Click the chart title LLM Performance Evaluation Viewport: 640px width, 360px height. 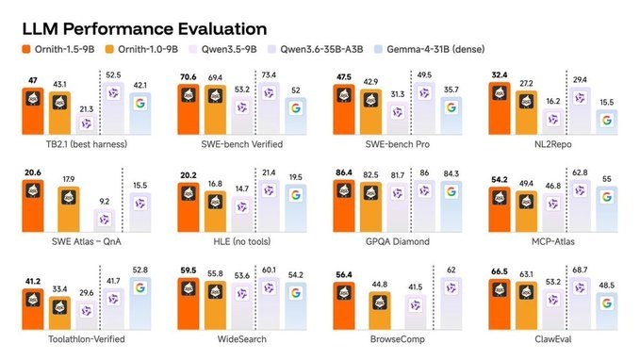click(x=144, y=29)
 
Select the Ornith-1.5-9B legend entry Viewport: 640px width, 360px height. click(x=58, y=49)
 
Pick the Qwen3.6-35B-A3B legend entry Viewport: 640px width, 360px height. click(x=315, y=49)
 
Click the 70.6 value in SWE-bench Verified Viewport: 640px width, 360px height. click(x=189, y=77)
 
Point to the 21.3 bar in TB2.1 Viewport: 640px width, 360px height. click(x=87, y=124)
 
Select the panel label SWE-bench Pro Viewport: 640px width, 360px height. click(x=398, y=144)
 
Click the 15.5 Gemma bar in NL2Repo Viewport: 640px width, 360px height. click(x=606, y=122)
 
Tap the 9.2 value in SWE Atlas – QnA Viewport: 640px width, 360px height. click(x=105, y=202)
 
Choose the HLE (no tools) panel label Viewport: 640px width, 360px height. click(x=242, y=241)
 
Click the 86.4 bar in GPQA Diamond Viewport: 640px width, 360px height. click(x=344, y=206)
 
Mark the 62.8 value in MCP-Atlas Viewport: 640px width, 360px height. click(x=580, y=172)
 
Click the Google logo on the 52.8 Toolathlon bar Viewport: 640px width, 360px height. click(x=140, y=287)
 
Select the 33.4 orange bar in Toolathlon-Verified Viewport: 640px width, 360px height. click(x=59, y=313)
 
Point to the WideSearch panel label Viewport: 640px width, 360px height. click(x=242, y=339)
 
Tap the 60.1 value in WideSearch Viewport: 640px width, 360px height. click(x=269, y=270)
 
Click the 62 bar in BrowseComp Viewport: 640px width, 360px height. click(x=451, y=303)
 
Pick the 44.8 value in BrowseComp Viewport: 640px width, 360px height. click(x=380, y=284)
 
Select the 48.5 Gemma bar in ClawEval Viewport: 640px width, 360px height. click(x=606, y=311)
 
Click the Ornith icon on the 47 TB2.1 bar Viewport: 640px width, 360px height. click(x=33, y=98)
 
